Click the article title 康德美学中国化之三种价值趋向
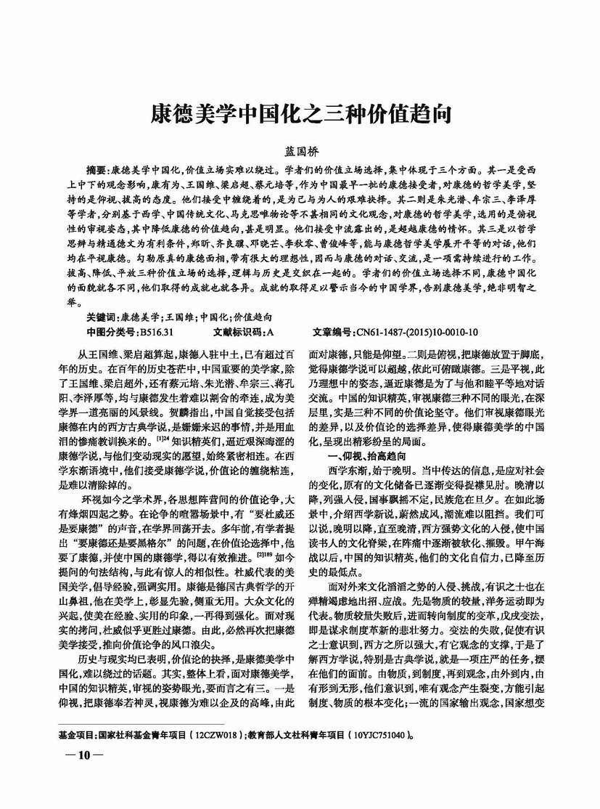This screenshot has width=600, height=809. (x=300, y=115)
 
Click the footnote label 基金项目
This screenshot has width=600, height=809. (x=76, y=735)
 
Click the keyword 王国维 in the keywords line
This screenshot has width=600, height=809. (x=181, y=317)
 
